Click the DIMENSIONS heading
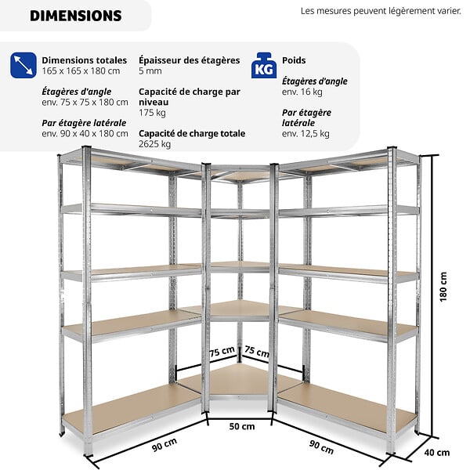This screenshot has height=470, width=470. point(76,16)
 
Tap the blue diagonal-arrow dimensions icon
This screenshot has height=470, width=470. point(23,65)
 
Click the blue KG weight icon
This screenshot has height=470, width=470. point(264,65)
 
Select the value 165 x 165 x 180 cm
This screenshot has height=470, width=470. point(81,71)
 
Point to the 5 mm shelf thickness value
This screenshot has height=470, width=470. point(150,71)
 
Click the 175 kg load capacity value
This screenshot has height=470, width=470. point(152,113)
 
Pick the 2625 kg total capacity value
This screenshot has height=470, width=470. point(154,144)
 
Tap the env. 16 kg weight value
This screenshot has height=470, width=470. point(302,92)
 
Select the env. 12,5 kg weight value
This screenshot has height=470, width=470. point(305,134)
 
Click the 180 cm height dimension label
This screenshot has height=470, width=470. point(443,287)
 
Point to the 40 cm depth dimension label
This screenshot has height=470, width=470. point(437,452)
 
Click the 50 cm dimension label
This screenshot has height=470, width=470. point(242,426)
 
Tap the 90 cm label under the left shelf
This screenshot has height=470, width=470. point(164,444)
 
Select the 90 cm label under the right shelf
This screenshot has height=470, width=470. point(321,447)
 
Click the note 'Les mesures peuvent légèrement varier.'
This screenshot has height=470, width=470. point(381,11)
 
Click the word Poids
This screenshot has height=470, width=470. point(294,60)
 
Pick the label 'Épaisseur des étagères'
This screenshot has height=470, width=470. point(189,60)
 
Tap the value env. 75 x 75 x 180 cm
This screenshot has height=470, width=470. point(85,102)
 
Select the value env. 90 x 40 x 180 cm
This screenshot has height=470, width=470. point(85,134)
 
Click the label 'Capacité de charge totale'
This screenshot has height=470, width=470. point(192,133)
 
